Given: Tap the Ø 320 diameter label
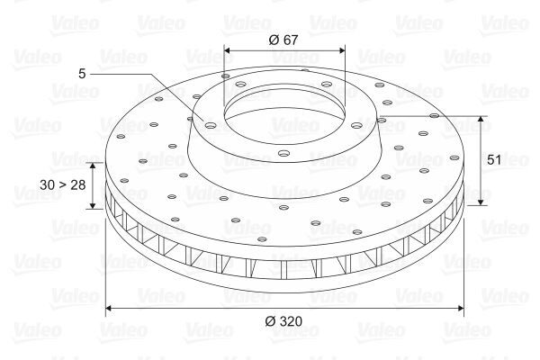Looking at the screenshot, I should point(284,321).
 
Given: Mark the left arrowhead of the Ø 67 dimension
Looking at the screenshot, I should point(226,50).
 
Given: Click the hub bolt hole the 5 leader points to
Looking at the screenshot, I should point(210,126).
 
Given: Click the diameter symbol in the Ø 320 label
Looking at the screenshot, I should point(271,321).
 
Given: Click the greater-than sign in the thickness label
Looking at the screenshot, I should point(65,184).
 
